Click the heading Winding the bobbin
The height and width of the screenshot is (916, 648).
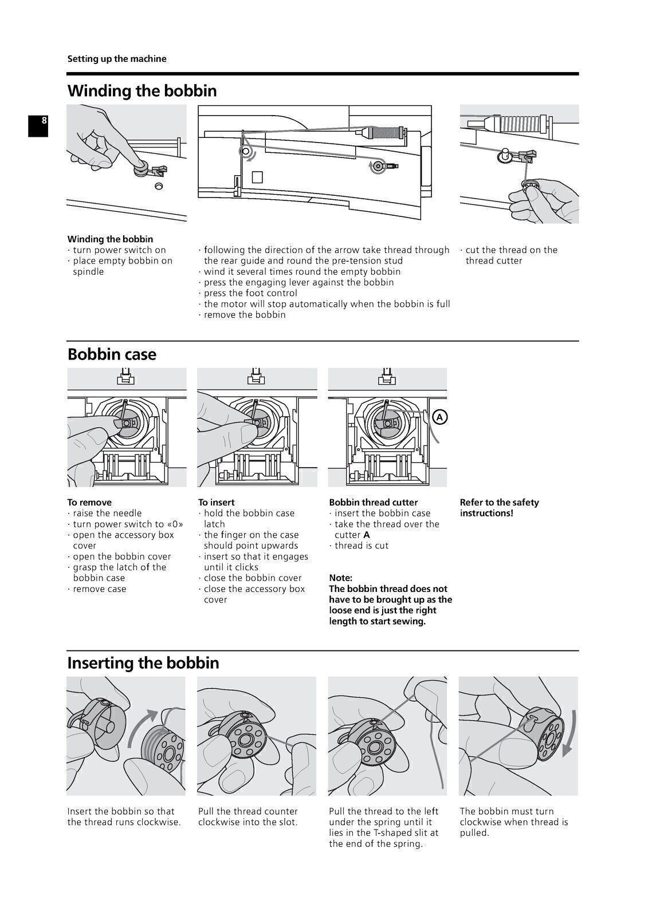coord(142,91)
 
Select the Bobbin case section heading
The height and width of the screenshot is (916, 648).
coord(112,354)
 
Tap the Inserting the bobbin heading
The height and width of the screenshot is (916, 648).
coord(143,663)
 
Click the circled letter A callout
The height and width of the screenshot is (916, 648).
coord(439,417)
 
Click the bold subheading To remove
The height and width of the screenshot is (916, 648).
coord(89,503)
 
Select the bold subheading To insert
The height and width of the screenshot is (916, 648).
coord(217,503)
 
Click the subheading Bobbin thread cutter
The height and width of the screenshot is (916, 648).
coord(373,503)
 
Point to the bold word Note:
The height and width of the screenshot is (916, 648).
coord(340,578)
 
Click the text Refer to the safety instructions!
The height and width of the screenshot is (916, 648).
coord(498,508)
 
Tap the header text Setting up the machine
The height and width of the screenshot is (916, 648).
coord(117,59)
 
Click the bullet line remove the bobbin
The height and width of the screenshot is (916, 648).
coord(245,315)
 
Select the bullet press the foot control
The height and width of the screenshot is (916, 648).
coord(250,293)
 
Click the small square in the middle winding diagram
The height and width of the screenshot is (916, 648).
coord(257,177)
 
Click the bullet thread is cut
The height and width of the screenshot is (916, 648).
coord(361,546)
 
